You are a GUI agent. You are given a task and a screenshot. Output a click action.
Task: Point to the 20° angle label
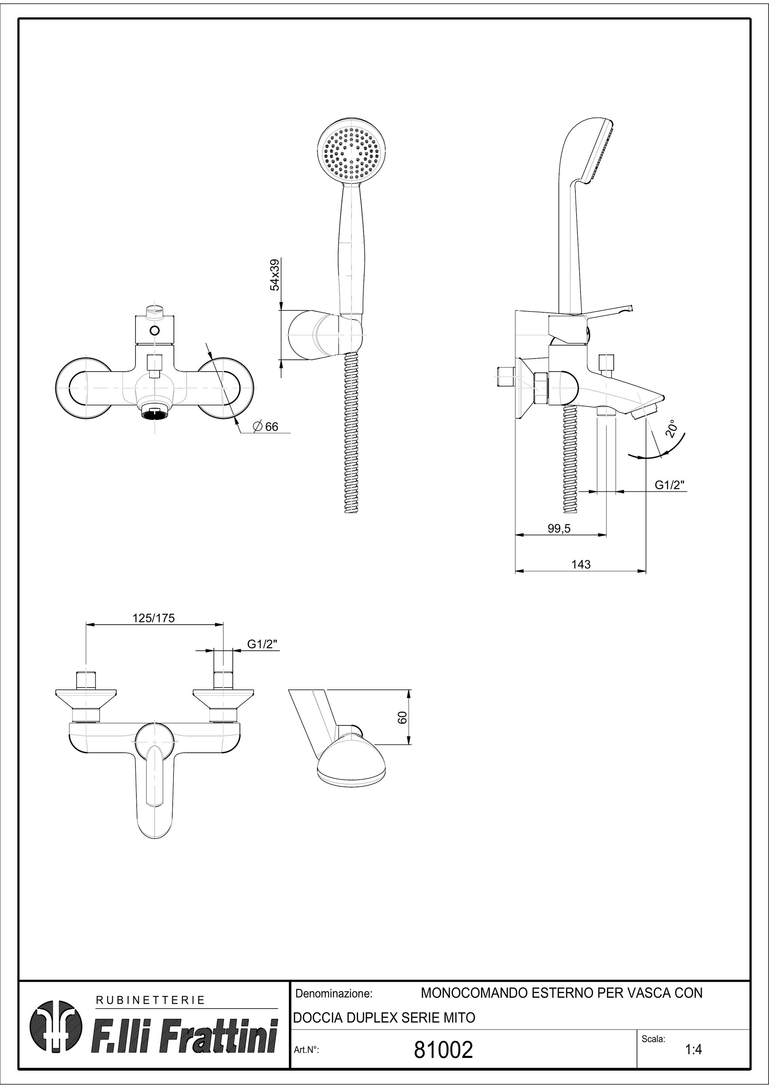[x=671, y=430]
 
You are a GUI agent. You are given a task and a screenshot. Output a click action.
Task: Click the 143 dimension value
[x=581, y=565]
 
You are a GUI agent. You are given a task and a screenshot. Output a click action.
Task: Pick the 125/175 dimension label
[x=153, y=618]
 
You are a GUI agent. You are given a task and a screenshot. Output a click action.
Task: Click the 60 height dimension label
[x=402, y=718]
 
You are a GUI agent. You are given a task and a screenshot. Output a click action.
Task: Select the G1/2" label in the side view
[x=671, y=485]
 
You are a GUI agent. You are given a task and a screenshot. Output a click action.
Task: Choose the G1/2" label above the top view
[x=262, y=644]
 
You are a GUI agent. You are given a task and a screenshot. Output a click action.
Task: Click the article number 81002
[x=443, y=1050]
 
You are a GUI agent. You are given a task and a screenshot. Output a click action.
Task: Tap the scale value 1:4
[x=693, y=1050]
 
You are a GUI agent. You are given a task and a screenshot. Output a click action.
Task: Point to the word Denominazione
[x=334, y=994]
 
